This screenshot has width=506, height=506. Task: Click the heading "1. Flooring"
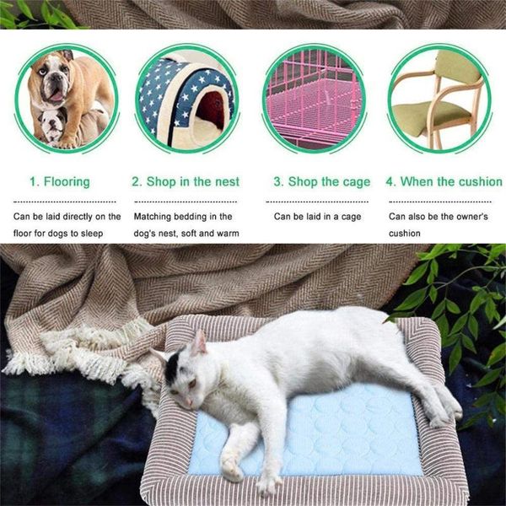(x=60, y=181)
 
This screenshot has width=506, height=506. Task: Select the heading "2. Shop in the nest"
(x=186, y=181)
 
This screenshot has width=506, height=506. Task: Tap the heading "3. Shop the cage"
(x=322, y=181)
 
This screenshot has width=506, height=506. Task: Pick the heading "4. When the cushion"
(x=444, y=181)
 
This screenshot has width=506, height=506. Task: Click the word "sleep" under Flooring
(x=92, y=234)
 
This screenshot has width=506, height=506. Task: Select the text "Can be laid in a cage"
(x=317, y=217)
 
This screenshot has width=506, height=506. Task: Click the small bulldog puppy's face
(x=53, y=124)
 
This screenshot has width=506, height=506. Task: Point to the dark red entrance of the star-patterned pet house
(x=212, y=109)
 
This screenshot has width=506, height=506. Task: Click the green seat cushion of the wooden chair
(x=431, y=116)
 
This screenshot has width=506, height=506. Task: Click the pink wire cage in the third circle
(x=314, y=99)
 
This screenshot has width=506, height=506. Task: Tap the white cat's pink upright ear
(x=199, y=342)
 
